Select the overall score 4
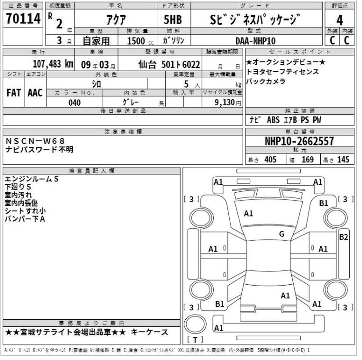tap(339, 21)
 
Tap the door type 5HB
tap(172, 20)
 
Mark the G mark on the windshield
tap(281, 234)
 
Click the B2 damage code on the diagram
tap(344, 237)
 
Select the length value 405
tap(270, 160)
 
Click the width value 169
tap(308, 160)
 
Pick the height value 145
tap(344, 160)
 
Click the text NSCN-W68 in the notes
tap(36, 141)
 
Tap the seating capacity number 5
tap(188, 83)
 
